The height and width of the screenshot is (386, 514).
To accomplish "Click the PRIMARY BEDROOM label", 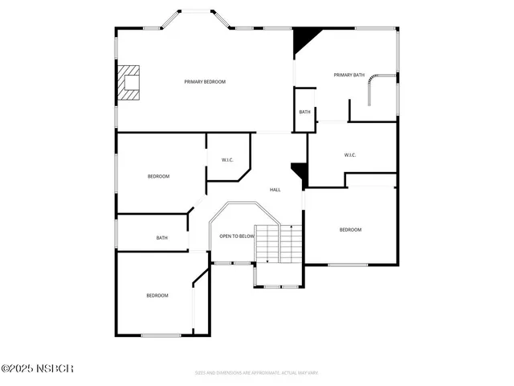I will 205,82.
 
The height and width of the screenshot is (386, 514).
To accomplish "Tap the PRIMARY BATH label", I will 349,75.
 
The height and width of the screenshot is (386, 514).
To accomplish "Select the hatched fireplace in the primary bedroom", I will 128,82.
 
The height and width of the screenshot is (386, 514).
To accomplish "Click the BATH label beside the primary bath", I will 304,112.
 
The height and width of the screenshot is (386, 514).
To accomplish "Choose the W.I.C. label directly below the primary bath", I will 350,155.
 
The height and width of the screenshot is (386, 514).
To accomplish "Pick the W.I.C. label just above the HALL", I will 227,160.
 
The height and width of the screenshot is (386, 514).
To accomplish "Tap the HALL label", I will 275,190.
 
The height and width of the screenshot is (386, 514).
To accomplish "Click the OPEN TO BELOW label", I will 237,236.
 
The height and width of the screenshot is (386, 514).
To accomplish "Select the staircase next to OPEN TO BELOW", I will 279,244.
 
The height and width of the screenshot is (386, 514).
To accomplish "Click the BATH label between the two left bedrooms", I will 161,238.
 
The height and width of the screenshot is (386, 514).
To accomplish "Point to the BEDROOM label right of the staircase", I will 350,230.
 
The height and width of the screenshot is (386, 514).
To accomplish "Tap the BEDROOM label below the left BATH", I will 157,296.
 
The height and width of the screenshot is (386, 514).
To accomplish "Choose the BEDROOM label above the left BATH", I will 158,176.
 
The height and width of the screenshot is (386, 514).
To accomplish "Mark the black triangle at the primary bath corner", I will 304,39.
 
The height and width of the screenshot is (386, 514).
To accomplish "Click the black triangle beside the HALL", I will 300,171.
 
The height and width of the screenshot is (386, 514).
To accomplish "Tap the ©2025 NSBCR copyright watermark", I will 38,368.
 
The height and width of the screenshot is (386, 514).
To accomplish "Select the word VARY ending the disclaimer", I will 312,372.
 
